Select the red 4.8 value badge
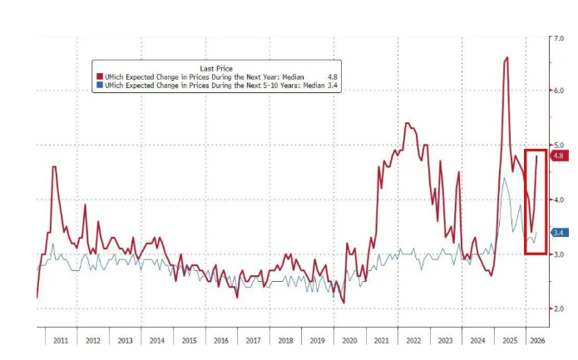(558, 155)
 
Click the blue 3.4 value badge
(558, 232)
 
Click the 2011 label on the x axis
(60, 341)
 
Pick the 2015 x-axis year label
(189, 341)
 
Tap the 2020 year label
(349, 341)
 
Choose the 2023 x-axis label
(445, 341)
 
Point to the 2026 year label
(537, 341)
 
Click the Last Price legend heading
(216, 67)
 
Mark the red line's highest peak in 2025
(507, 57)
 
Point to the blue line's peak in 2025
(505, 178)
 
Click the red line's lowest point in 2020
(343, 303)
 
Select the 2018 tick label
(285, 341)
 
